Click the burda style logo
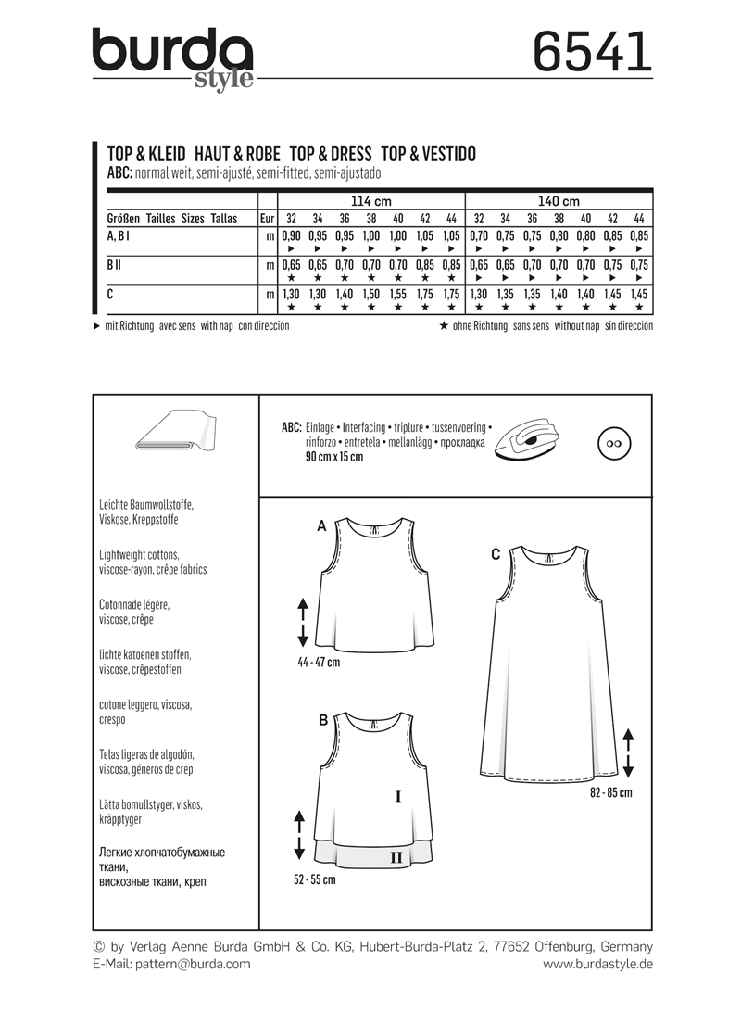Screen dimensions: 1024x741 [172, 57]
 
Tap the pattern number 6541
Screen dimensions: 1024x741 [593, 51]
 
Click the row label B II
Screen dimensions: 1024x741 [116, 265]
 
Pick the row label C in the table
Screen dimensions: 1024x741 [112, 293]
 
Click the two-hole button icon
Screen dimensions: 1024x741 [612, 442]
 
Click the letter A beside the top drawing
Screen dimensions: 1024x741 [321, 525]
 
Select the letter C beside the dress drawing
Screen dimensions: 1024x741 [496, 554]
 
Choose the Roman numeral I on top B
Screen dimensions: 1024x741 [397, 795]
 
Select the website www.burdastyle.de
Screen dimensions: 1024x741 [597, 964]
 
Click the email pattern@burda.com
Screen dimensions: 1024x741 [171, 964]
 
